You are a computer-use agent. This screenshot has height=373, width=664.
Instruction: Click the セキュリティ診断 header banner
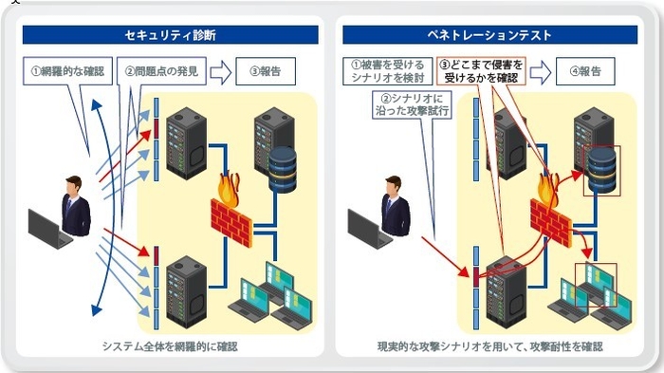[170, 35]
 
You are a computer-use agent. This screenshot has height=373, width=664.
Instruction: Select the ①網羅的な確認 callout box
[66, 71]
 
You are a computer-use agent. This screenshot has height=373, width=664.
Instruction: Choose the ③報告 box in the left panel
[266, 71]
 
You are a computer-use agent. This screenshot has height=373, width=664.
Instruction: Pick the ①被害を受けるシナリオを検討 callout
[385, 71]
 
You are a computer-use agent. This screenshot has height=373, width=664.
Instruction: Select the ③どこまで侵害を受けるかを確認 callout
[480, 71]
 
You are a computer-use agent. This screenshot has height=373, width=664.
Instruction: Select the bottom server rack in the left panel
[186, 285]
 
